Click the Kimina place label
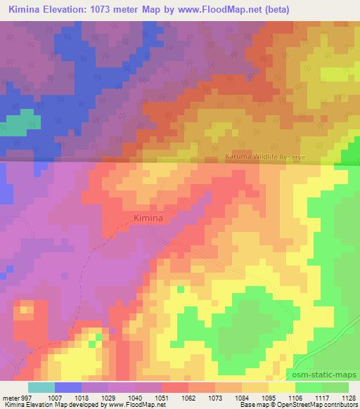[148, 219]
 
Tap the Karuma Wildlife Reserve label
[265, 158]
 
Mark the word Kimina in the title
[25, 10]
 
